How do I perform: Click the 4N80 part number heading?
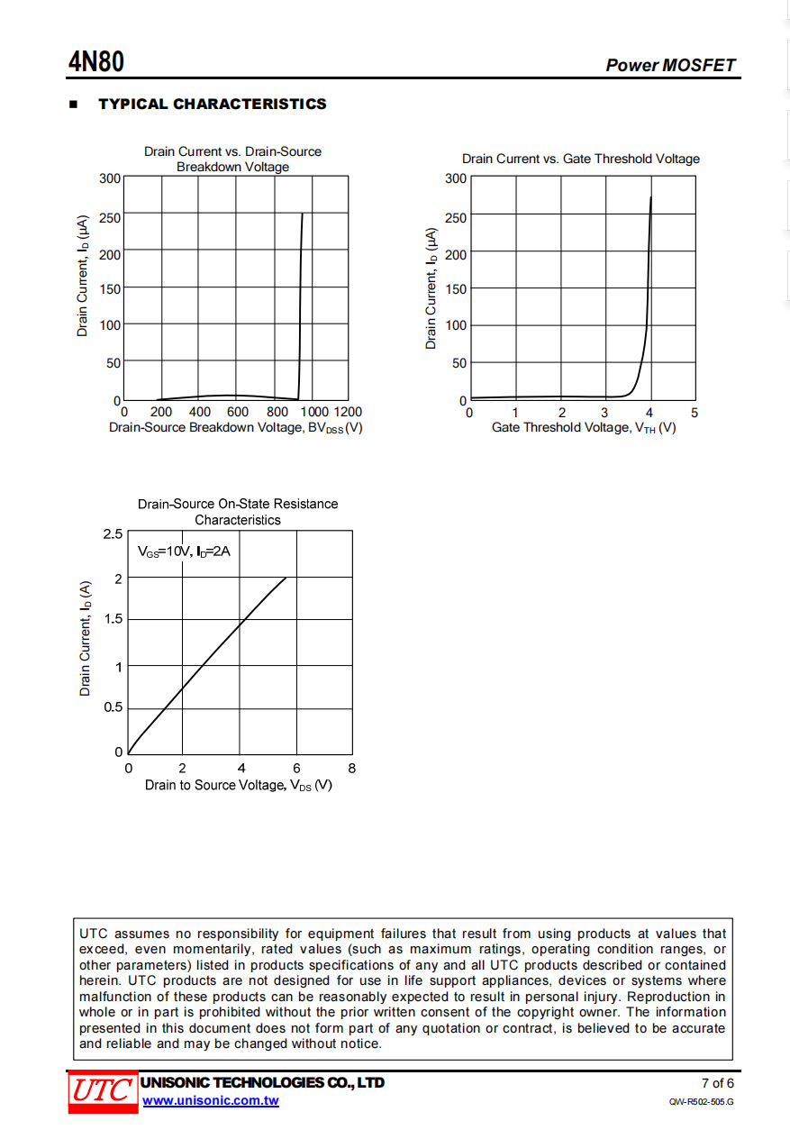click(96, 62)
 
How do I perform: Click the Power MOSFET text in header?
click(670, 65)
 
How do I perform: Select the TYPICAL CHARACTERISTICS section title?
click(212, 104)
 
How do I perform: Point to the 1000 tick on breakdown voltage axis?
click(313, 412)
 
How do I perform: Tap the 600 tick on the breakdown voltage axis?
click(238, 412)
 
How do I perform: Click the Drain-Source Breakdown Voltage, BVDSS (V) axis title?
click(235, 427)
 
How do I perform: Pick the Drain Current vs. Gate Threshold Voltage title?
click(581, 159)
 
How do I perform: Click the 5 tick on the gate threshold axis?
click(694, 413)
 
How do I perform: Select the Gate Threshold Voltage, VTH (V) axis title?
click(583, 427)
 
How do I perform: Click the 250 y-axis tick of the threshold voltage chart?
click(456, 217)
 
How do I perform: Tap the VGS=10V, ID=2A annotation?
click(184, 551)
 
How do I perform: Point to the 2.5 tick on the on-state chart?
click(113, 534)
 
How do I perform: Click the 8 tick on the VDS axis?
click(351, 769)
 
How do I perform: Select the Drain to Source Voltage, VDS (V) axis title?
click(239, 785)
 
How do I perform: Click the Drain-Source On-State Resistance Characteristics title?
click(238, 512)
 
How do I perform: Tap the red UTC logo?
click(102, 1091)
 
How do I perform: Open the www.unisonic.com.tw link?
click(210, 1100)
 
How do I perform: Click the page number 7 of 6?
click(717, 1083)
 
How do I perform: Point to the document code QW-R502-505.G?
click(701, 1102)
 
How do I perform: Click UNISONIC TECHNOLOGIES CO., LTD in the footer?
click(263, 1082)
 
